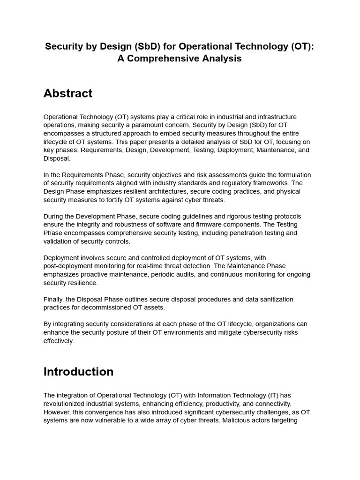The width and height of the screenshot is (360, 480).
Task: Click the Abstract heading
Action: coord(68,93)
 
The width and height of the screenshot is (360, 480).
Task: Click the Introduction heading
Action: coord(78,372)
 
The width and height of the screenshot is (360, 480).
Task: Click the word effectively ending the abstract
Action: coord(59,341)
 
